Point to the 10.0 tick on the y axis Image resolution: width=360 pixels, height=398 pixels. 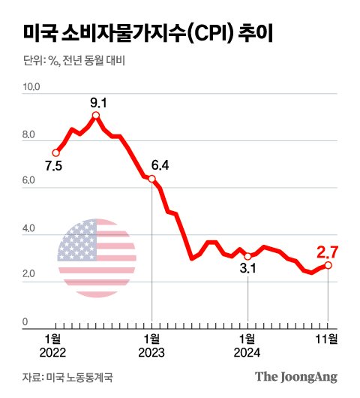click(x=34, y=88)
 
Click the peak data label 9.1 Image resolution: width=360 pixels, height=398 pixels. click(x=96, y=101)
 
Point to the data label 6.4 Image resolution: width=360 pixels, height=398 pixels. click(x=161, y=165)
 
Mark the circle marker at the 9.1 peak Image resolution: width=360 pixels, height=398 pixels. click(x=96, y=116)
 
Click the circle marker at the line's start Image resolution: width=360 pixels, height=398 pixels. click(x=55, y=152)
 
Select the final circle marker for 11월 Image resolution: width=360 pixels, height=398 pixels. click(x=328, y=265)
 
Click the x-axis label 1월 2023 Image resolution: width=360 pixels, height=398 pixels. click(x=151, y=344)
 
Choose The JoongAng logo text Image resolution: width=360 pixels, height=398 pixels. click(x=295, y=376)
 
